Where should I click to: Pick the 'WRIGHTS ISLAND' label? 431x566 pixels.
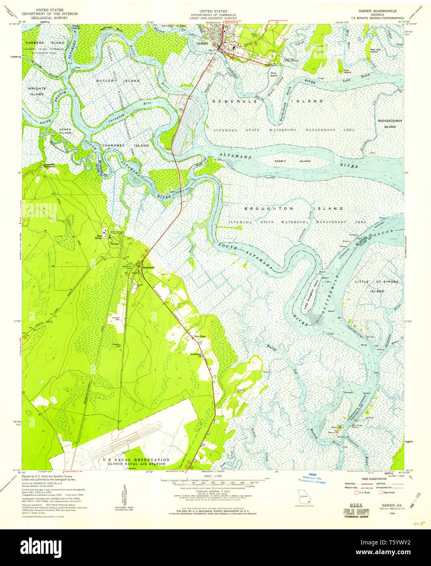[x=36, y=91]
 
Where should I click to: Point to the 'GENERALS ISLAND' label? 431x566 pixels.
[x=267, y=101]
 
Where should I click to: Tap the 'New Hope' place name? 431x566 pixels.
[x=200, y=336]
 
